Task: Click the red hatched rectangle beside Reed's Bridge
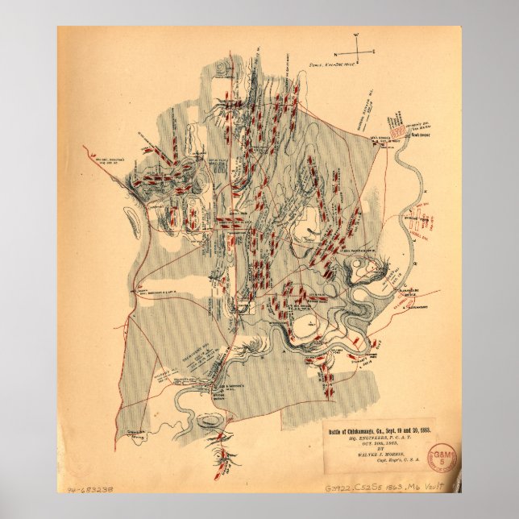397,128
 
